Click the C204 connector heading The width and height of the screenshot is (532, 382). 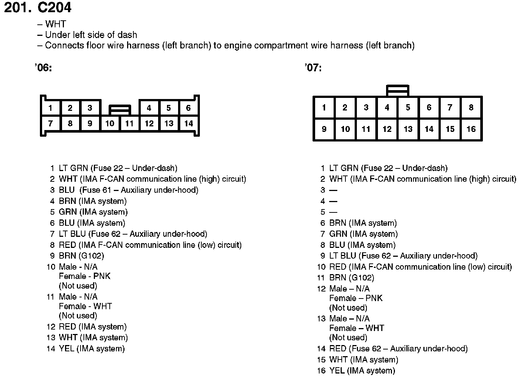[x=54, y=8]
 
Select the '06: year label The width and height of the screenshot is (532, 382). [x=43, y=68]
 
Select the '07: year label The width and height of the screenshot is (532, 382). [x=313, y=68]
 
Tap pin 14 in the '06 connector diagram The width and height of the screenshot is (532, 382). [x=188, y=124]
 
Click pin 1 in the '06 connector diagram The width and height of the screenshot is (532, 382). [x=50, y=108]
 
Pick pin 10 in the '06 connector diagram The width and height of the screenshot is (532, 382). [x=110, y=124]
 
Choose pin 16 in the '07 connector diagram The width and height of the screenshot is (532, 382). [x=471, y=129]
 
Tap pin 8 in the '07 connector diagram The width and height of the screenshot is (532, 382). [x=471, y=108]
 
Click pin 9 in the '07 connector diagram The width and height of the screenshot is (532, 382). [x=324, y=129]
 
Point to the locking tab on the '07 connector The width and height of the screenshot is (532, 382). [x=398, y=91]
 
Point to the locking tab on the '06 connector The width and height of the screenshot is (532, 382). [x=120, y=110]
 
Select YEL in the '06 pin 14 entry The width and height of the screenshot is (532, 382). [x=66, y=349]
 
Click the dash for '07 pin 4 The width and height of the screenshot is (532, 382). [x=333, y=201]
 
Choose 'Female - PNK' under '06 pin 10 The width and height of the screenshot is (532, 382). [x=85, y=276]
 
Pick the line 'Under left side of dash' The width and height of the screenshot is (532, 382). [x=91, y=35]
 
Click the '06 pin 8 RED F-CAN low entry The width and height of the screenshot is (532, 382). [x=150, y=245]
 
